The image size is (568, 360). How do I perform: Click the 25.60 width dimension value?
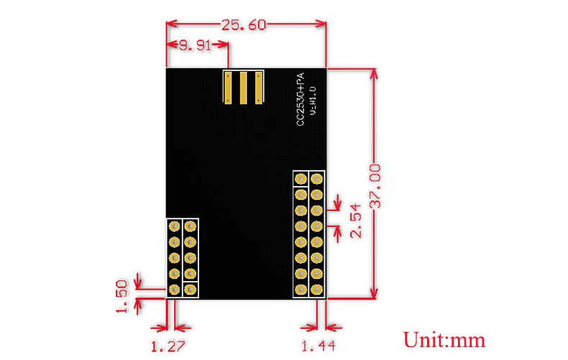click(244, 25)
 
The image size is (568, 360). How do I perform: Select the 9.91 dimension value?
click(196, 46)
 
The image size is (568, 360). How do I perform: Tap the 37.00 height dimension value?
click(375, 186)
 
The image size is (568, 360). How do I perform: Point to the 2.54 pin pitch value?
click(356, 221)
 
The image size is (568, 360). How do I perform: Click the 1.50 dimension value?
click(122, 296)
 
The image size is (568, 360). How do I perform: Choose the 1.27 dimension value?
click(168, 346)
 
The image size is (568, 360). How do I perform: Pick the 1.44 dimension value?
click(319, 346)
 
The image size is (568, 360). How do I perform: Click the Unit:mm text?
click(444, 340)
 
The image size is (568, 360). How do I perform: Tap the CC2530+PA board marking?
click(301, 99)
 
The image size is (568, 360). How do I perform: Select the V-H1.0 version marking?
click(313, 101)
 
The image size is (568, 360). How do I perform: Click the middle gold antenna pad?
click(244, 88)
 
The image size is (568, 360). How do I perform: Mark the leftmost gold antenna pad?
click(228, 88)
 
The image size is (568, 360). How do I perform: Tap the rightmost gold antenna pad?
click(259, 88)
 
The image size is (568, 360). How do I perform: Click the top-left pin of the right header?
click(301, 179)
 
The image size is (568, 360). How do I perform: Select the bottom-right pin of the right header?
click(316, 290)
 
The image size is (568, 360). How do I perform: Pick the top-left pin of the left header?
click(174, 227)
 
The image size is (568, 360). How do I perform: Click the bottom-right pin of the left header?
click(191, 290)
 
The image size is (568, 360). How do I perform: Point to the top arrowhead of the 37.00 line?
click(375, 74)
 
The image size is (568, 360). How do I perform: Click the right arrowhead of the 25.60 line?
click(321, 24)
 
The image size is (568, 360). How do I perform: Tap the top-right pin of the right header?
click(316, 179)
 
